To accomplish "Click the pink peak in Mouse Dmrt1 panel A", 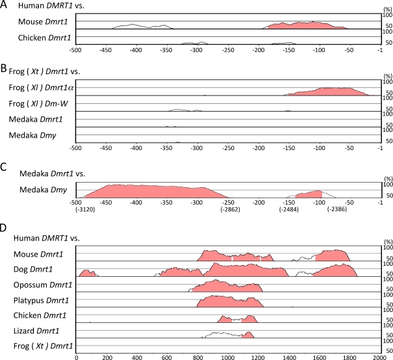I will coord(305,26).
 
